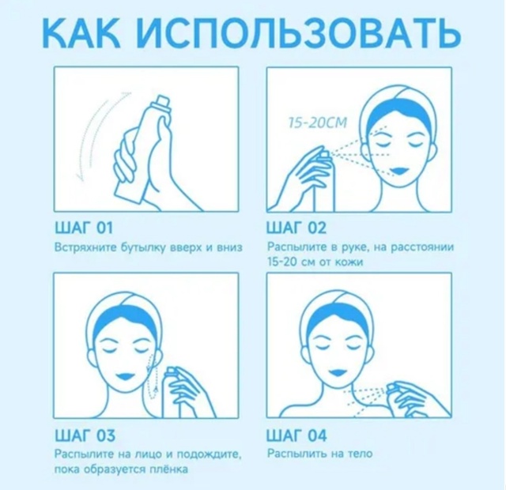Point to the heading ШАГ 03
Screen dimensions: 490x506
point(83,435)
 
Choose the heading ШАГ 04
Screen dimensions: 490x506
point(296,435)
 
